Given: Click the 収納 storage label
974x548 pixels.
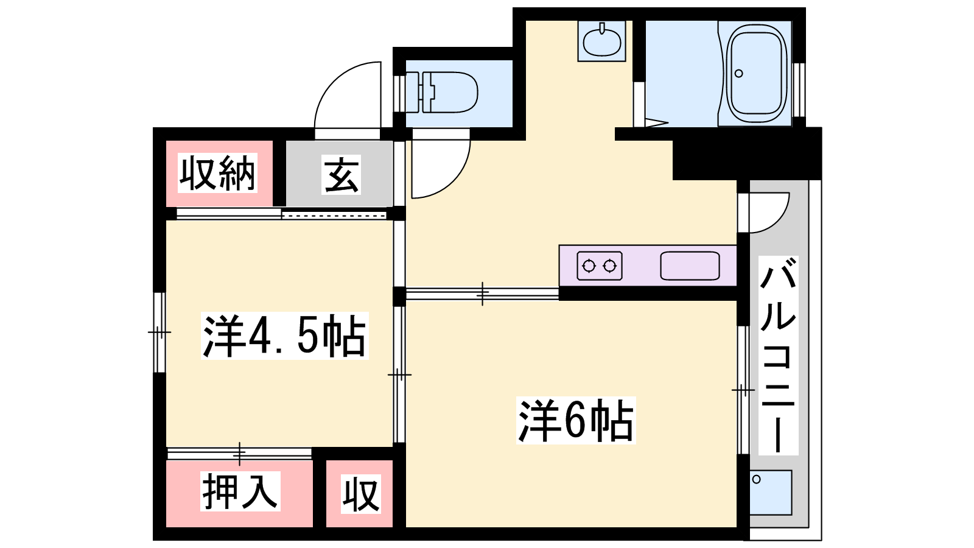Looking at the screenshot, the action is click(217, 173).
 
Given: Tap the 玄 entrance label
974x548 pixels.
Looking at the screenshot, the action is click(342, 174).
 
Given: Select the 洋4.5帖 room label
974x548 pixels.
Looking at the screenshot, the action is click(284, 335).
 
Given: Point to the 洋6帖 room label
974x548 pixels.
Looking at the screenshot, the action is click(576, 420).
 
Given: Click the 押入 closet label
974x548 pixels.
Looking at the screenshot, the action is click(240, 491).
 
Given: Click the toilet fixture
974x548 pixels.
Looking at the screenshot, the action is click(442, 92).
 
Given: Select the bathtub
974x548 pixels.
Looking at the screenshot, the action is click(759, 74).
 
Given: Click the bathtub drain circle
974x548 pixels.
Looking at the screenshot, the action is click(739, 74).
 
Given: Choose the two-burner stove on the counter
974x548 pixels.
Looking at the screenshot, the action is click(600, 265).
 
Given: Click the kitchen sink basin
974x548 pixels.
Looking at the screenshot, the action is click(690, 265).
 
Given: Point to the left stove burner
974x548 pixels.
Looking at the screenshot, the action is click(589, 265).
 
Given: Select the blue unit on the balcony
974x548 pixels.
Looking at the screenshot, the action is click(771, 493).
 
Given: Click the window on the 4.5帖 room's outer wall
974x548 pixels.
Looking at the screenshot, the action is click(159, 332).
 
